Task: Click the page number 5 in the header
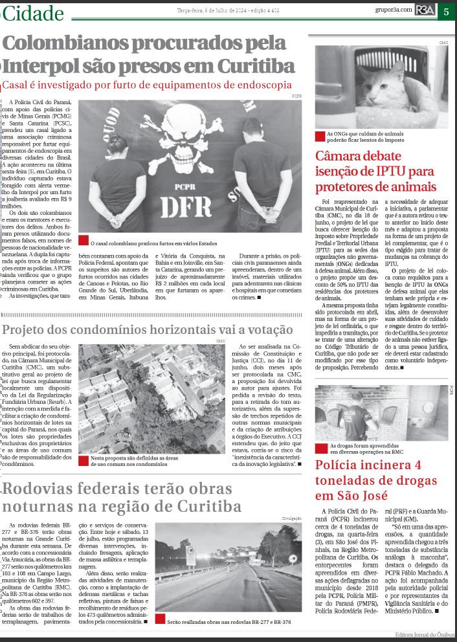447,11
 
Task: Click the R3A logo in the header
425,11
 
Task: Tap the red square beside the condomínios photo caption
83,459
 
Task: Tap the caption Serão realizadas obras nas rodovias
229,621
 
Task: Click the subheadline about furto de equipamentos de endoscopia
148,85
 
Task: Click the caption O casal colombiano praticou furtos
155,243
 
